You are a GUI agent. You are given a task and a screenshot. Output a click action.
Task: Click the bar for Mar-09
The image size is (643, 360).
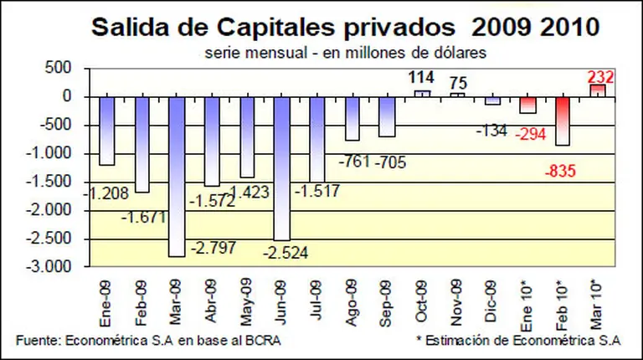177,176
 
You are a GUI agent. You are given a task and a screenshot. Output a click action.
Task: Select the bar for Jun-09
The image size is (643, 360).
282,167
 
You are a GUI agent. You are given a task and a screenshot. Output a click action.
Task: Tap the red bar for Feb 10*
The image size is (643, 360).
563,121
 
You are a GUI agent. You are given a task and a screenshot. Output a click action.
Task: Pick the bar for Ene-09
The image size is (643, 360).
106,131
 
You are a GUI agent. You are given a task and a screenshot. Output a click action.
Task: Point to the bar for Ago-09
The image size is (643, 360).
352,118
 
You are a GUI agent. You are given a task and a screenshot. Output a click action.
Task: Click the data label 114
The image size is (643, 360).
422,78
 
